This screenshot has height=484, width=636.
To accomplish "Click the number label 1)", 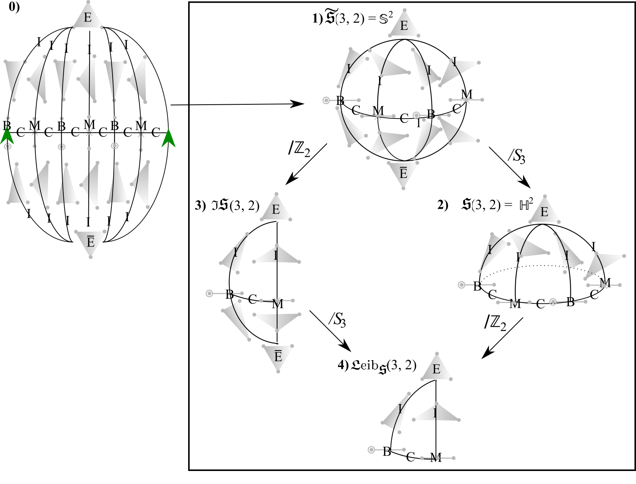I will [x=318, y=18].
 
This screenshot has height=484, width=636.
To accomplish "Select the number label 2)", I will [x=442, y=205].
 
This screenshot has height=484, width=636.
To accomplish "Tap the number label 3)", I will [x=200, y=205].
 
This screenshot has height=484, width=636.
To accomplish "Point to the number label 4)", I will [x=343, y=365].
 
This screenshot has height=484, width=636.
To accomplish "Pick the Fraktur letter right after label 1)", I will [x=330, y=18].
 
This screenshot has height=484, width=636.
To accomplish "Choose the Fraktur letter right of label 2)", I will [x=467, y=204].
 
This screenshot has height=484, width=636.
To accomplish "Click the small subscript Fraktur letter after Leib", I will [x=383, y=369].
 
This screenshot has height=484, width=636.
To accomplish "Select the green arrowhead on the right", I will [x=168, y=138].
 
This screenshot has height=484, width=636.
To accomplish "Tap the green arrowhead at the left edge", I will [x=7, y=136].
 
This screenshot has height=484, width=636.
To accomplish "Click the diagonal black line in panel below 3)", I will [x=323, y=324].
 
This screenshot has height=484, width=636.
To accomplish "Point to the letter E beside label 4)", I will [x=438, y=369].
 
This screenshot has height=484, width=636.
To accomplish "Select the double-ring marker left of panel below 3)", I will [x=209, y=293].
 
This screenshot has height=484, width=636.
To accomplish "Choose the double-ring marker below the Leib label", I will [x=371, y=450].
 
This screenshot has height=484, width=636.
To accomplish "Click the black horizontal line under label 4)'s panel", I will [x=465, y=470].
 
